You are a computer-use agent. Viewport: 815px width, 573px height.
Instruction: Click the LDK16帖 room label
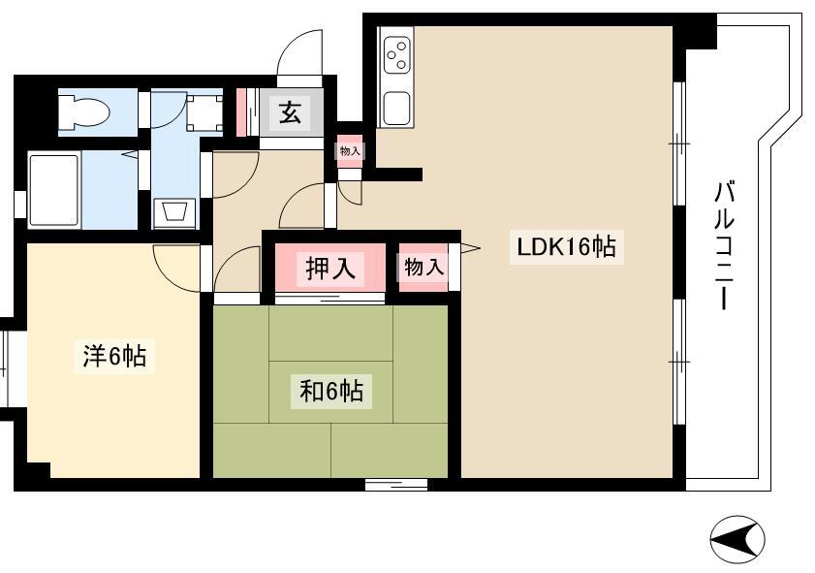tap(566, 247)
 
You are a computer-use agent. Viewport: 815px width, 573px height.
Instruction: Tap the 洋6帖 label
tap(115, 356)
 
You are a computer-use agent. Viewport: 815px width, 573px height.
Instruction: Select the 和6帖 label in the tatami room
tap(331, 391)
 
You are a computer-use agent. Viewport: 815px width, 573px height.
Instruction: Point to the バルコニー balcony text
tap(724, 245)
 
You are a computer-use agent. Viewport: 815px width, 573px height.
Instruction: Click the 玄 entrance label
tap(290, 111)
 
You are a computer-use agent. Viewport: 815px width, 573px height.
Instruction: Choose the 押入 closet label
tap(330, 269)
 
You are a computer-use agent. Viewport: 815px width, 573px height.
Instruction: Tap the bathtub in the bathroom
tap(54, 190)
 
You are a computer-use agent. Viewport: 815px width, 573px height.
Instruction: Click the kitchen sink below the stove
tap(397, 109)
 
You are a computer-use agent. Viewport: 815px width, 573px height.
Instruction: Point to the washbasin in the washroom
tap(175, 212)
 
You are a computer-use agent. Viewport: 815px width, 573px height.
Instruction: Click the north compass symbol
tap(737, 540)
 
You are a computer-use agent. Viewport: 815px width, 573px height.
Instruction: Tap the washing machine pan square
tap(204, 112)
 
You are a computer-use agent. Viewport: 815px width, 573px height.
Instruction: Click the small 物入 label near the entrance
tap(350, 151)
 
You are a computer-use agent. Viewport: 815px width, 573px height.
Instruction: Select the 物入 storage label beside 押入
tap(424, 268)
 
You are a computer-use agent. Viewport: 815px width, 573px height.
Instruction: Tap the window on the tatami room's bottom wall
tap(396, 485)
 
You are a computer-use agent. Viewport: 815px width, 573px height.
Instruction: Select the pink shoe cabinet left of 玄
tap(241, 112)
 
